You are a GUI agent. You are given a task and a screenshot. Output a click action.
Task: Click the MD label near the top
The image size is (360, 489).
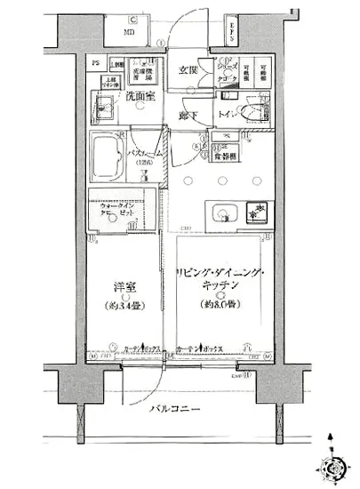coord(130,32)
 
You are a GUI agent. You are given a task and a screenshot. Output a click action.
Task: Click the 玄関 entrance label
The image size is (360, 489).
coord(188,69)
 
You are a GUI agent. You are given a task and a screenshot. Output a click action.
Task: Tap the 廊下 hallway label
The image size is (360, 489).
coord(186,116)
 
